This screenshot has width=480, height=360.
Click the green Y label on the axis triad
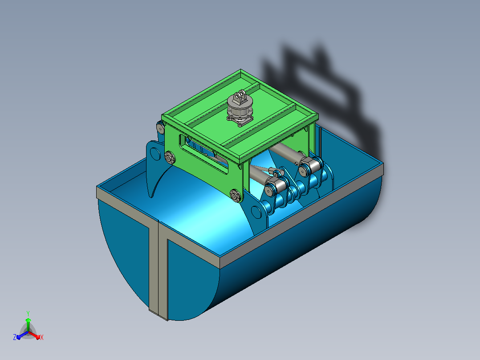click(x=28, y=313)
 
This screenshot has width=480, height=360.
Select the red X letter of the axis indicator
click(x=42, y=337)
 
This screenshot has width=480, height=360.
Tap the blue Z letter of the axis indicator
click(x=15, y=337)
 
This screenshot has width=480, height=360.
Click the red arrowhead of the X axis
click(x=38, y=337)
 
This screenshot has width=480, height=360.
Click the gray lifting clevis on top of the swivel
click(x=240, y=97)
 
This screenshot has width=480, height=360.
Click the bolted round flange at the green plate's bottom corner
click(x=235, y=195)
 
